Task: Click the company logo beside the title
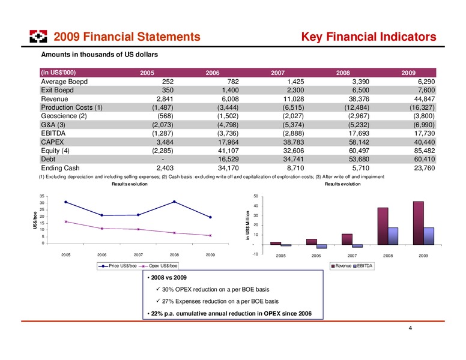38,36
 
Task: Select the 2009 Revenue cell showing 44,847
425,99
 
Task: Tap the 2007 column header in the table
277,73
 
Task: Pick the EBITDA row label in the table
53,133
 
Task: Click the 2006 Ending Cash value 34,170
228,168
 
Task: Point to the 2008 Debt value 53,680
359,159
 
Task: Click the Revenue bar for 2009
419,223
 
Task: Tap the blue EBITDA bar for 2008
393,236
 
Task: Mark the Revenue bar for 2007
347,239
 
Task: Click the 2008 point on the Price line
174,202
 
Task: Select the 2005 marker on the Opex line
65,221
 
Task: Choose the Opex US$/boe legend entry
160,266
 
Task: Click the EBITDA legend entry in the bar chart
363,266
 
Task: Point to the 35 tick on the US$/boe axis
42,196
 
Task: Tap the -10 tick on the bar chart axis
256,254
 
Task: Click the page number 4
410,328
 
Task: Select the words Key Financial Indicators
369,37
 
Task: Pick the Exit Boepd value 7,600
426,90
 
